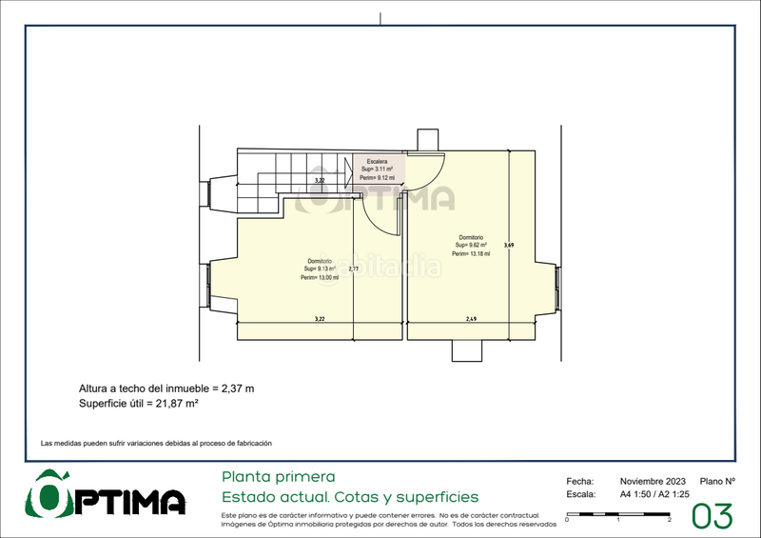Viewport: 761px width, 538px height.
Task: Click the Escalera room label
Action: click(377, 162)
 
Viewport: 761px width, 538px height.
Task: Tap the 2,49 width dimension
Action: click(471, 318)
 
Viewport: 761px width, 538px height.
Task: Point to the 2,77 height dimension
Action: click(353, 269)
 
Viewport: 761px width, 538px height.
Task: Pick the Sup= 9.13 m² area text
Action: click(319, 269)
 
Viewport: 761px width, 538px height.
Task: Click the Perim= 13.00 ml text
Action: click(319, 277)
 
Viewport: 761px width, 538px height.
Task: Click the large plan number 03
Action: click(712, 516)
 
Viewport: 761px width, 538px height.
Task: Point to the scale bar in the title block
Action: click(618, 515)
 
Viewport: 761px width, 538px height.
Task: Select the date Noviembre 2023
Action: click(653, 482)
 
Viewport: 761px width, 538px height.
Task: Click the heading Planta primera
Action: click(278, 476)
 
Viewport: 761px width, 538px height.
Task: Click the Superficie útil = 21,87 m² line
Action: click(138, 404)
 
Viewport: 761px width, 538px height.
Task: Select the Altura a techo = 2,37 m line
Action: click(166, 389)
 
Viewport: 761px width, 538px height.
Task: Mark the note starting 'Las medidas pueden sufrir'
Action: click(156, 444)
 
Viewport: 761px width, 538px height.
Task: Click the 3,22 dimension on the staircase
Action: click(321, 179)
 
